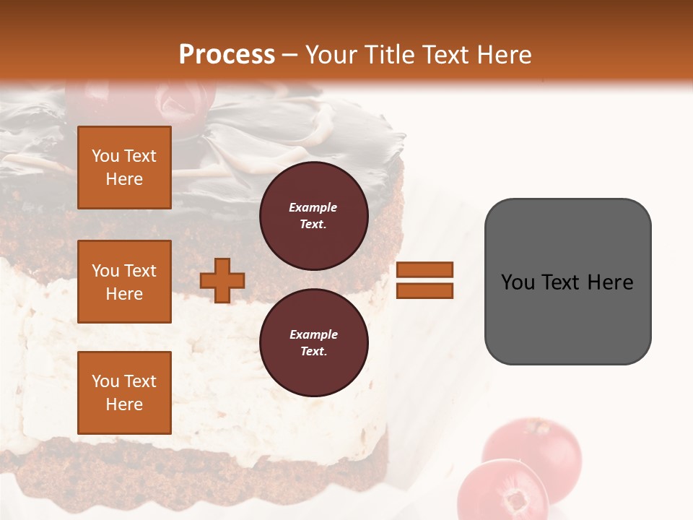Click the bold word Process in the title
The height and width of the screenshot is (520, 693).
227,55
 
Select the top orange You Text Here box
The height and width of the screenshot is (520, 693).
124,168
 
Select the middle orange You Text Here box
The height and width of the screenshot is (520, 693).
124,282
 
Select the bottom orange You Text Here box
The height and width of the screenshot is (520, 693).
124,392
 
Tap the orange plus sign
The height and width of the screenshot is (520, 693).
222,280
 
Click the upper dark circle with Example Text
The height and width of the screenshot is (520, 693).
313,215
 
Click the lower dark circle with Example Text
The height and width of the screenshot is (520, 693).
313,342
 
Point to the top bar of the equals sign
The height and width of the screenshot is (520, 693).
424,269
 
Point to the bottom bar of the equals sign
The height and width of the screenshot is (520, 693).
424,290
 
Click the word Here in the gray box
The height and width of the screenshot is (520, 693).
610,282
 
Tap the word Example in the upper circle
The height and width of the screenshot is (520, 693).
313,207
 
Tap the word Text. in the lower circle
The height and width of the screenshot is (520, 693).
313,352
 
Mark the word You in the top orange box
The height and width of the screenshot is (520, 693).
105,156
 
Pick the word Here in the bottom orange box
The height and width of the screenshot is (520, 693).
124,404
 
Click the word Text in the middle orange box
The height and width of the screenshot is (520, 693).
140,271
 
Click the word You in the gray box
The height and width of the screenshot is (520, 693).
518,282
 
